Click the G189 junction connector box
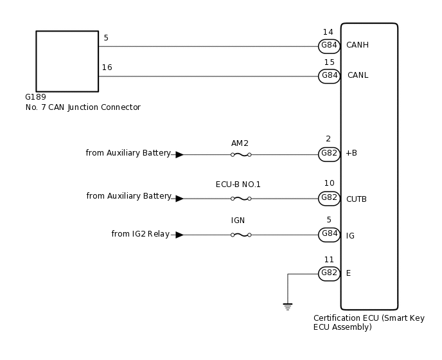click(x=67, y=61)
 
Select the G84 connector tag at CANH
click(x=330, y=46)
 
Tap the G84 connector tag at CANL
click(x=330, y=76)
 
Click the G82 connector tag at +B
click(x=330, y=154)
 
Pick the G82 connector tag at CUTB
click(x=330, y=199)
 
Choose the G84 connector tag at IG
click(x=330, y=235)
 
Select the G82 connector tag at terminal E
click(x=330, y=273)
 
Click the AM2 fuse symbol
click(x=240, y=154)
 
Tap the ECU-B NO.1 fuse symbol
click(x=240, y=199)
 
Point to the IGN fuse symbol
click(x=240, y=235)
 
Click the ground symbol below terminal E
click(x=288, y=307)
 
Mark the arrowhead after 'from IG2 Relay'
click(x=179, y=235)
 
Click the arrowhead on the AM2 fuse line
click(x=179, y=154)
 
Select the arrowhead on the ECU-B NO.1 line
click(x=179, y=199)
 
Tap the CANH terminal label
click(x=357, y=46)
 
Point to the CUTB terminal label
click(x=357, y=199)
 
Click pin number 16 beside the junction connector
click(x=107, y=67)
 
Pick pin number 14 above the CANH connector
click(x=328, y=32)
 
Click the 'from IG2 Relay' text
click(x=140, y=234)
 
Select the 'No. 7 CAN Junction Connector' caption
click(x=82, y=107)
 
